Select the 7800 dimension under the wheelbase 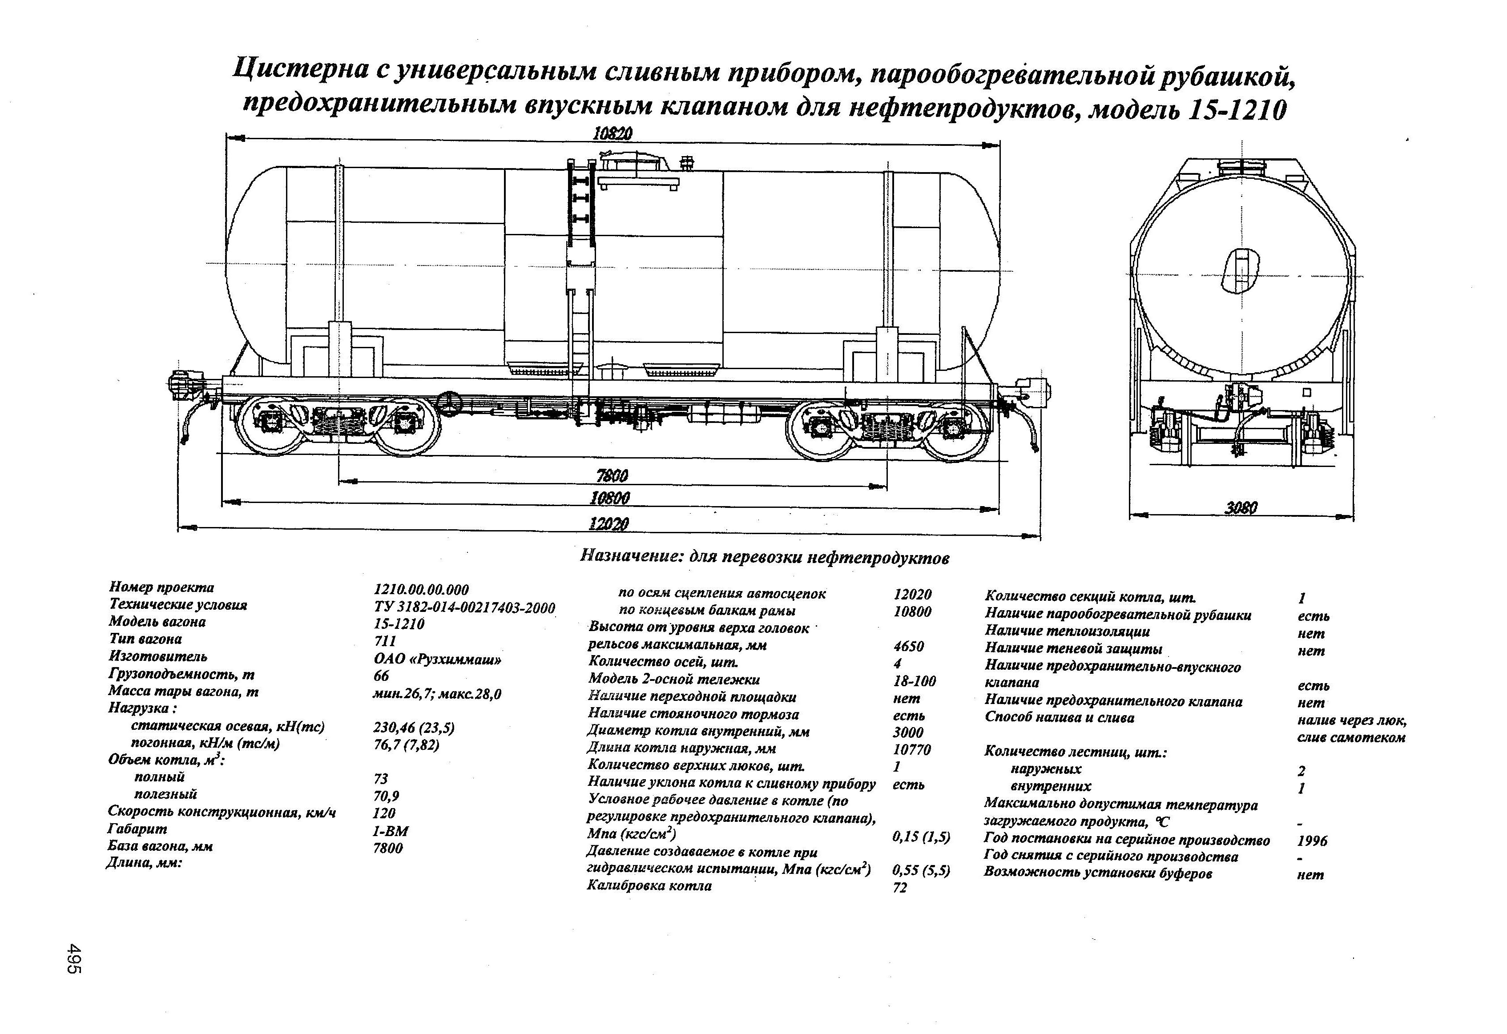(x=612, y=476)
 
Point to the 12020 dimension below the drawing (x=608, y=524)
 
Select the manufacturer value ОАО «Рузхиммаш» (x=438, y=659)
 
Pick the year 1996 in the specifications (x=1313, y=841)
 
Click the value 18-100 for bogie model (x=915, y=681)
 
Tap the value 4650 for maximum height (x=908, y=646)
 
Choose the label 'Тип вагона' (x=145, y=639)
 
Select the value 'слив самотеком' (x=1351, y=738)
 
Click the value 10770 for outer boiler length (x=912, y=750)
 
